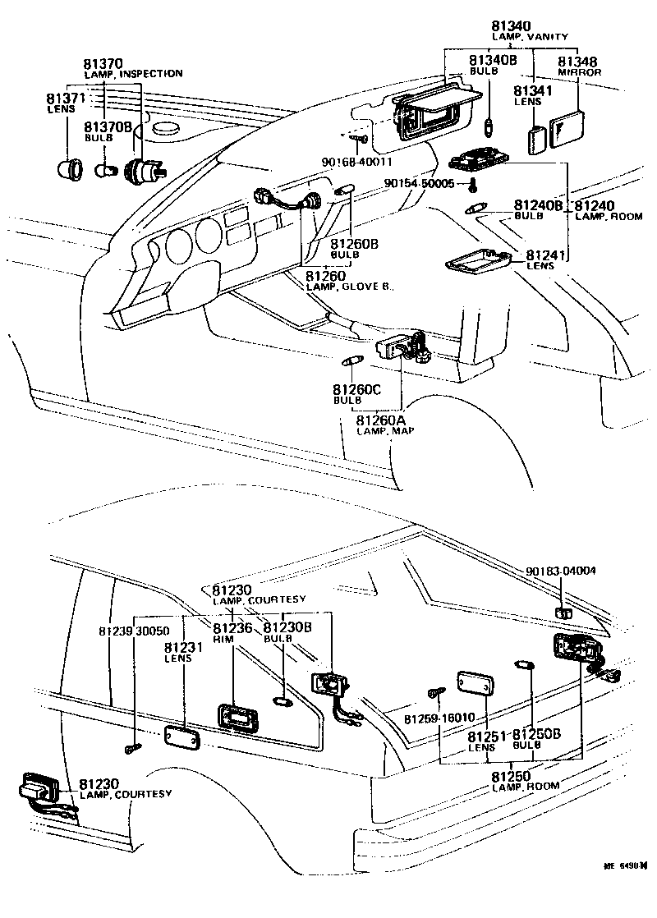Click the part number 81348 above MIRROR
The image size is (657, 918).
click(578, 62)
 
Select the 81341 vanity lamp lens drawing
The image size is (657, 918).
click(536, 140)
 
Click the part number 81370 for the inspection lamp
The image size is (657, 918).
click(103, 63)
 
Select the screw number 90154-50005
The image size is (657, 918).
click(419, 183)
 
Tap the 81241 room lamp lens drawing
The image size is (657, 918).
click(476, 263)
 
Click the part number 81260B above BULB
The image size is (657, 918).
click(355, 244)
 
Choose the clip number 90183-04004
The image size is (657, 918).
click(562, 571)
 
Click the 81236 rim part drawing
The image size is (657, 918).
click(234, 716)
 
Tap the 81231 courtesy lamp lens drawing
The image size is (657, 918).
click(182, 737)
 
